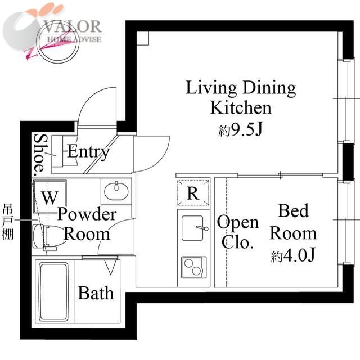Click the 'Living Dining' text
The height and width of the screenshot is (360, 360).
coord(241,88)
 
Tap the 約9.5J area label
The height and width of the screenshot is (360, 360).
coord(240,130)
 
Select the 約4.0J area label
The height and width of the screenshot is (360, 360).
coord(293,255)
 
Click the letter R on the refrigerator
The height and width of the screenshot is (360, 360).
coord(193,193)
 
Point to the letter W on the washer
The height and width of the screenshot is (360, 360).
coord(50,197)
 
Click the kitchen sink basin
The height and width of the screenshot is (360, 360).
coord(192,228)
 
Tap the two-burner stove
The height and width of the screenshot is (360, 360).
coord(193,267)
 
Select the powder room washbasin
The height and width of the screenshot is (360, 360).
coord(116,191)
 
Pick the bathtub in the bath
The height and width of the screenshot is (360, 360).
coord(54,292)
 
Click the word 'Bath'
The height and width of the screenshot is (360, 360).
coord(96,293)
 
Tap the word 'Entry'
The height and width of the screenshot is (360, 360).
coord(88,152)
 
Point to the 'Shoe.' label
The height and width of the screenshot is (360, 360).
coord(39,155)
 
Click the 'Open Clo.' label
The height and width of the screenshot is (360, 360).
coord(237,232)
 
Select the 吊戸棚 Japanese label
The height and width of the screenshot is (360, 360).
coord(8,223)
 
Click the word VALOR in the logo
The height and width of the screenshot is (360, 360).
coord(73,26)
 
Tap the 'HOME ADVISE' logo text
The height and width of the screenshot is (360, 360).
coord(74,39)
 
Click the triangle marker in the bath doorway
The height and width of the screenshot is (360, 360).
coord(110,267)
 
